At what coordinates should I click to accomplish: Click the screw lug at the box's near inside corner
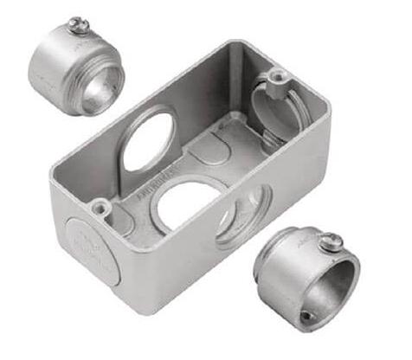pyautogui.click(x=101, y=207)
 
